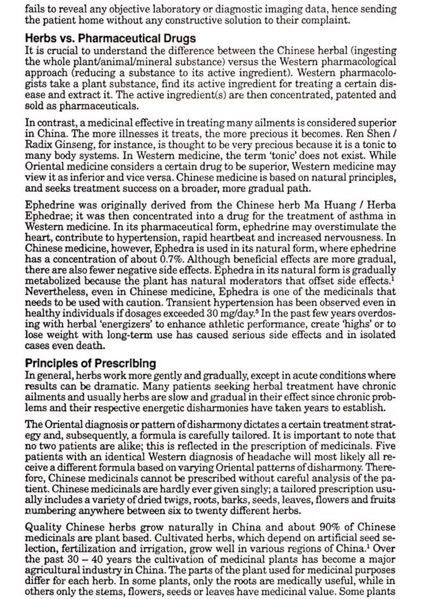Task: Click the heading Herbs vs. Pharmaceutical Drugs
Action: tap(110, 39)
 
